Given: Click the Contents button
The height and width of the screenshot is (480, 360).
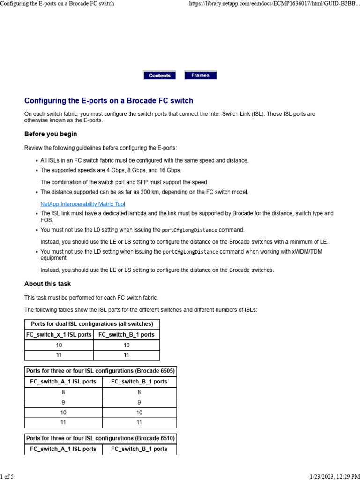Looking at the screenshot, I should tap(159, 75).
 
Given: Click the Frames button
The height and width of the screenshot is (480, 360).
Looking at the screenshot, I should tap(200, 75).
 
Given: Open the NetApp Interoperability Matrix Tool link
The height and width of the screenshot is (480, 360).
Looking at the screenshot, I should tap(82, 204).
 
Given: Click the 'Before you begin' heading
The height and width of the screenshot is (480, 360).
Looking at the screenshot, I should tap(51, 134).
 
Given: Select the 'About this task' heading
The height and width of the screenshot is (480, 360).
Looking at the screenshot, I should tap(47, 284).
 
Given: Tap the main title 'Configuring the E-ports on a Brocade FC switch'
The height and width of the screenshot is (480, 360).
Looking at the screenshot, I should tap(108, 101).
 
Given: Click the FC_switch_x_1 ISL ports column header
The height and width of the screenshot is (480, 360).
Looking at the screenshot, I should tap(59, 335).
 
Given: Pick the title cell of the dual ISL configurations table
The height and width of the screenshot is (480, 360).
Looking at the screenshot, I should tap(92, 324).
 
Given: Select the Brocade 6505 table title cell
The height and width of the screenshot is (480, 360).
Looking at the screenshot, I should tap(100, 371).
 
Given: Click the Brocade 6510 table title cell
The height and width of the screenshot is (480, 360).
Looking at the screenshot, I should tap(100, 438).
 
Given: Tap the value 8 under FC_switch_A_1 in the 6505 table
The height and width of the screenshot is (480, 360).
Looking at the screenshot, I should tap(63, 392).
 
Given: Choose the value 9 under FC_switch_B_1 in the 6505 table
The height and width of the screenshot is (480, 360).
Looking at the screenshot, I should tap(139, 403).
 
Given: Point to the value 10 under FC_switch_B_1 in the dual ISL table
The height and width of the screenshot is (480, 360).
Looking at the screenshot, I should tap(127, 345).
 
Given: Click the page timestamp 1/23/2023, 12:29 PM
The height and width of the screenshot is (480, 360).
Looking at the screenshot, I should tap(333, 477).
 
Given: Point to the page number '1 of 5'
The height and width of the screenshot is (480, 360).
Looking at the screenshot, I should tap(7, 477).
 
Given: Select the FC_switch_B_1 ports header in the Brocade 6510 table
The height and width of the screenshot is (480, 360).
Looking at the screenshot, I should tap(139, 449).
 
